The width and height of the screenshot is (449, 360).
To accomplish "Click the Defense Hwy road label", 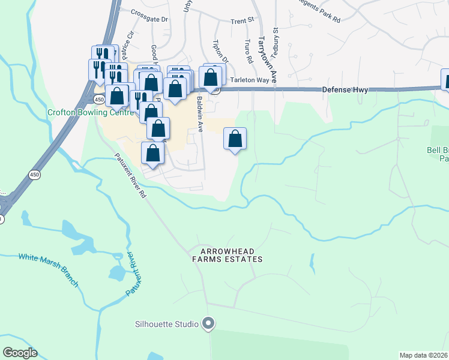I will [345, 89].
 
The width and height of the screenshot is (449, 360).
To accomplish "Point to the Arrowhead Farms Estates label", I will [228, 255].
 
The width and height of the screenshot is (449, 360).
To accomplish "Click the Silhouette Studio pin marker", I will [208, 324].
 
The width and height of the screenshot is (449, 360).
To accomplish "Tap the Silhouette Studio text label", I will [167, 324].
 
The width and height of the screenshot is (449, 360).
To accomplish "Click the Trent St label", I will [243, 21].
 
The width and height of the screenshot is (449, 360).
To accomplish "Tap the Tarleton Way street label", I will [247, 80].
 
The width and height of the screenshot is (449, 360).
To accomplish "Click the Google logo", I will [20, 353].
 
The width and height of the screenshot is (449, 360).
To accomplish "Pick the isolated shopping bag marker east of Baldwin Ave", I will [235, 139].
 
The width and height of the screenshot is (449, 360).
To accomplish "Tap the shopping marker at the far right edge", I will [446, 80].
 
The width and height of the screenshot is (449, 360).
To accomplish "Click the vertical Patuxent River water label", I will [134, 274].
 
